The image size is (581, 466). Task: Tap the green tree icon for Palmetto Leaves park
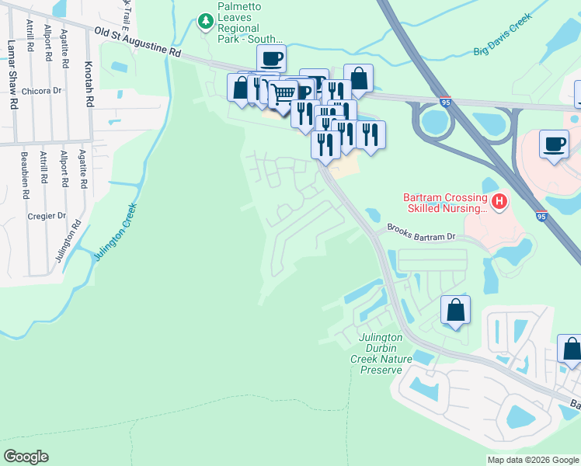(x=206, y=21)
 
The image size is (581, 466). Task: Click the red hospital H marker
(x=499, y=203)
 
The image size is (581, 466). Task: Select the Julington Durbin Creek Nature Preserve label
(x=381, y=353)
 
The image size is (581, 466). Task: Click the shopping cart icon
(x=284, y=92)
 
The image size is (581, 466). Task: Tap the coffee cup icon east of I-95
(x=555, y=144)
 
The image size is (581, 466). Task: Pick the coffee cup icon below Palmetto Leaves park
(x=272, y=58)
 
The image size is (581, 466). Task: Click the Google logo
(x=26, y=457)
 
